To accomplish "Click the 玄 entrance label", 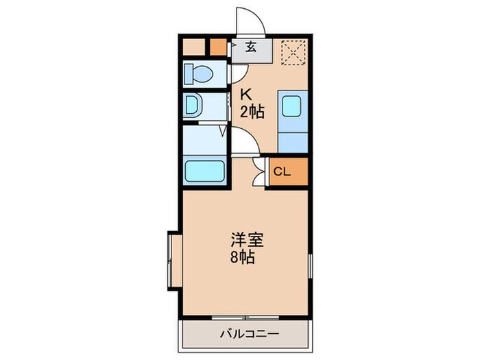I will click(251, 47).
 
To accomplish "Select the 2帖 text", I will click(252, 112).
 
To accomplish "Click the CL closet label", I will click(283, 171).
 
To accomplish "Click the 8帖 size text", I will click(244, 259).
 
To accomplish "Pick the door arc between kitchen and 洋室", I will click(244, 142).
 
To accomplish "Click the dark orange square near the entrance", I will click(217, 47).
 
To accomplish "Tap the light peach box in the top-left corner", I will click(195, 47).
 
